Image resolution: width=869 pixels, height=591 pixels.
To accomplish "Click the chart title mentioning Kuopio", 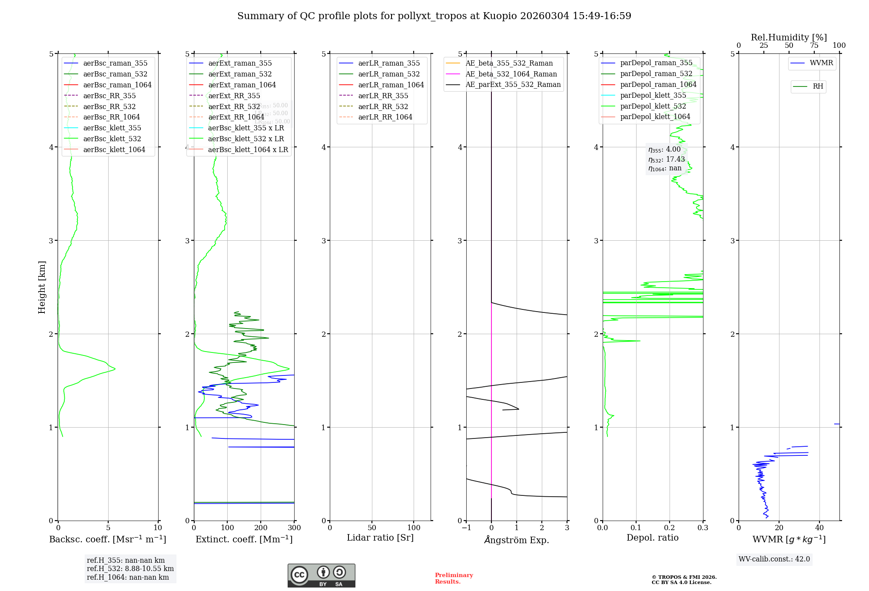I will click(434, 16).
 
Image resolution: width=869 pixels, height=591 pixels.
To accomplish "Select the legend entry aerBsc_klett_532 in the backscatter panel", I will click(112, 139).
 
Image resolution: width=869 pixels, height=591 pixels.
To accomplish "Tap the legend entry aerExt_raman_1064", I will click(242, 85).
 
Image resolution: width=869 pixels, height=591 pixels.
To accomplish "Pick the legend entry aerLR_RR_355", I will click(383, 96).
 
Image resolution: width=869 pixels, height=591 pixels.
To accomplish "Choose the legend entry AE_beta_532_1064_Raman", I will click(511, 74).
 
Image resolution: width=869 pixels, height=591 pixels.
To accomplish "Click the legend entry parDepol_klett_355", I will click(653, 95).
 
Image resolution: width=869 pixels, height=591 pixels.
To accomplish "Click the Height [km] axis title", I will click(42, 287).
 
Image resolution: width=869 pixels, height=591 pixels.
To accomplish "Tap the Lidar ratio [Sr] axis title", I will click(380, 538).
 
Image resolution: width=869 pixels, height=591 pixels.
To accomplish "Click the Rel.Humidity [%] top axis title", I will click(789, 37).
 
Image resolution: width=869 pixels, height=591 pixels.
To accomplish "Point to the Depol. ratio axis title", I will click(652, 538).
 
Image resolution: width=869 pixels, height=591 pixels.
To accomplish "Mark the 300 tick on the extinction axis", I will click(294, 528).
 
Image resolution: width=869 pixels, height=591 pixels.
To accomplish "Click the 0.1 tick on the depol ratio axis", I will click(636, 528).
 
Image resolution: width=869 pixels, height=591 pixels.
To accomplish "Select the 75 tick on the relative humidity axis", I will click(814, 46).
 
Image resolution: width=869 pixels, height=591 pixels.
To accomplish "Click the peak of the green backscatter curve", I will click(115, 369).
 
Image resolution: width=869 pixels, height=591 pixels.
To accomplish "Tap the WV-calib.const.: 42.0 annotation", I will click(774, 559).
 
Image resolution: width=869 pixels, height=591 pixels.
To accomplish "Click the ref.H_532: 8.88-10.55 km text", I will click(130, 568).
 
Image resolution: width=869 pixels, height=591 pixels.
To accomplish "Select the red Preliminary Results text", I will click(454, 578).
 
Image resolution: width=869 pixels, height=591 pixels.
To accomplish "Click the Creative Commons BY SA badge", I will click(321, 575).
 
